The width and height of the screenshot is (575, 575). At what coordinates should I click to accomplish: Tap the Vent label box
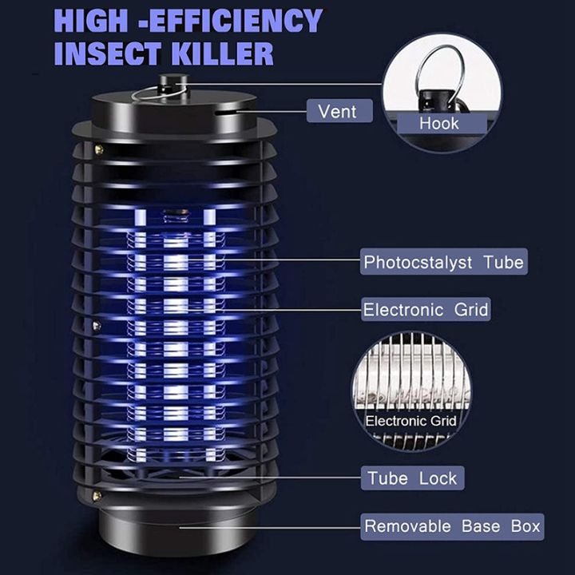coord(339,110)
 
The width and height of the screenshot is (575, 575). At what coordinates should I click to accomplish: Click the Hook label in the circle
coord(439,123)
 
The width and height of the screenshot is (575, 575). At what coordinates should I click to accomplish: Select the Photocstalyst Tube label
coord(443,262)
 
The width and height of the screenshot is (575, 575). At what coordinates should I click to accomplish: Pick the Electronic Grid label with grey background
coord(426,309)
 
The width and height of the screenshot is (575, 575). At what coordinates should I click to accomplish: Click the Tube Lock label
coord(412,478)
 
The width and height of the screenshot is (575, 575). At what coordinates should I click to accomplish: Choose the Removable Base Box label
coord(452,526)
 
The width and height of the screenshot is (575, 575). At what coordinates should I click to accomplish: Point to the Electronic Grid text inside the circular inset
coord(410,421)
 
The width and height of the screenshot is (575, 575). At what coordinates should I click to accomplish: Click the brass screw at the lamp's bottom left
coord(96,496)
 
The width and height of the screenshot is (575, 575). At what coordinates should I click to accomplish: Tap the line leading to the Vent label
coord(264,112)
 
